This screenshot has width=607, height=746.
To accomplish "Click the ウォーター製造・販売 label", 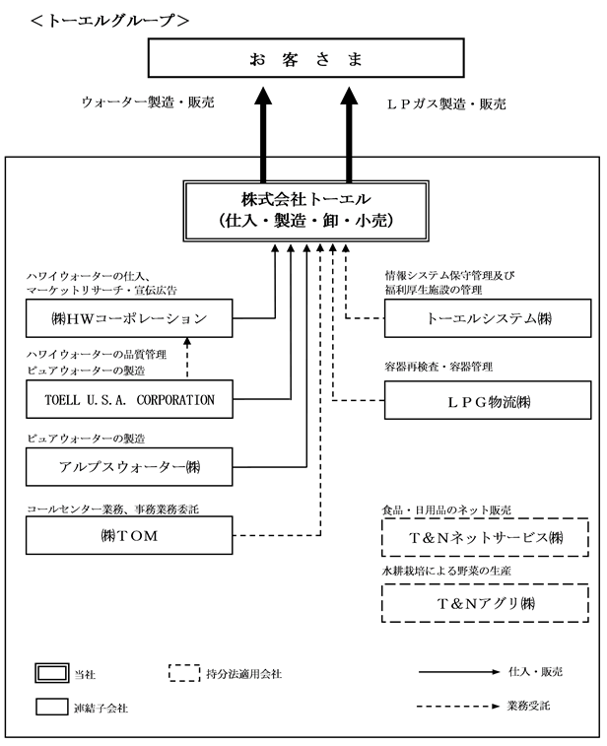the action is [148, 102].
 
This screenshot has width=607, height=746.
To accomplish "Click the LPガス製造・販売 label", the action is [446, 103].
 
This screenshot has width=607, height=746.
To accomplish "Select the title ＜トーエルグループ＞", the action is [110, 20].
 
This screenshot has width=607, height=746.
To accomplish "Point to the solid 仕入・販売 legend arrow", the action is [459, 672].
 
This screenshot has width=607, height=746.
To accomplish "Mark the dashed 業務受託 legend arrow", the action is [458, 706].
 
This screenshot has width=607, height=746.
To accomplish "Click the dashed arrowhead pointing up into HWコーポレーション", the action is [187, 341].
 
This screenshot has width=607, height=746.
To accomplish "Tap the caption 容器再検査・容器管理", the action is [438, 367].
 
